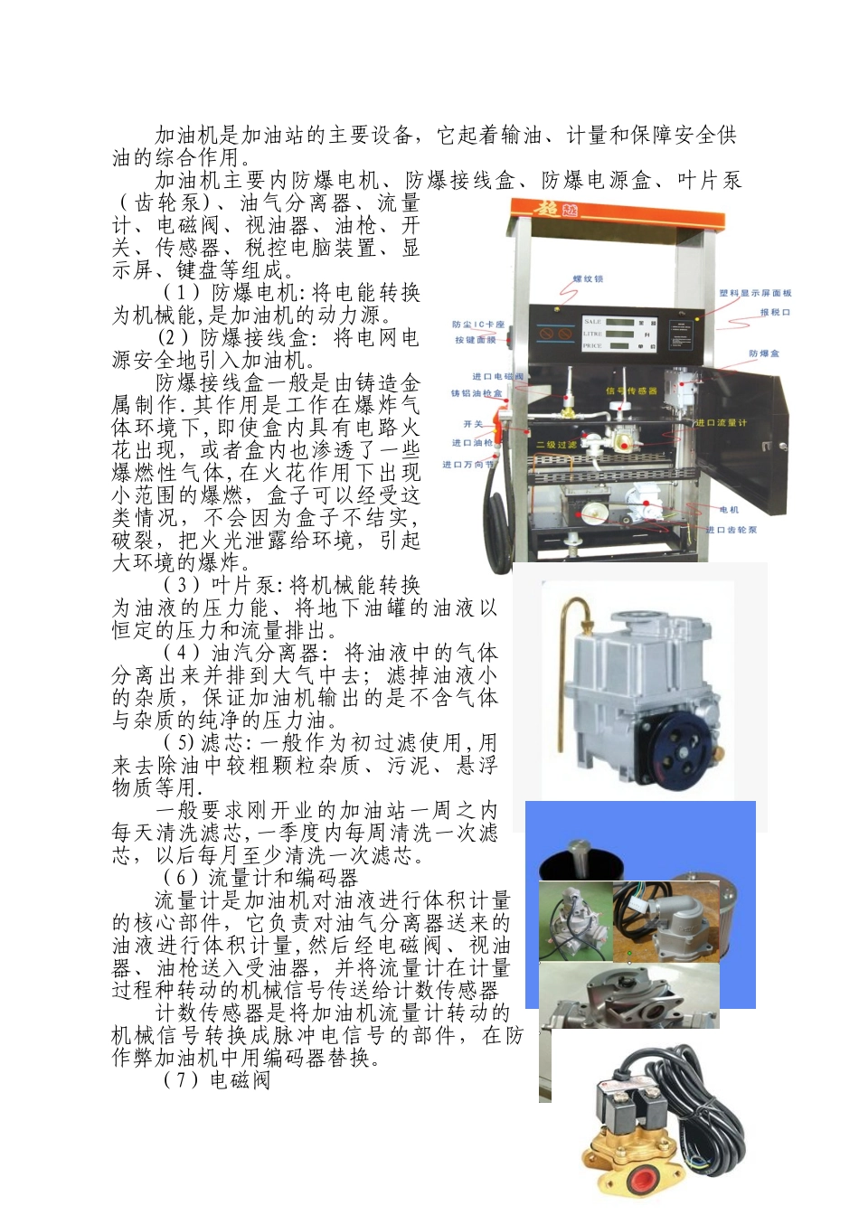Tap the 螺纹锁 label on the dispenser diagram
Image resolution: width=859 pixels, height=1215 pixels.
[588, 279]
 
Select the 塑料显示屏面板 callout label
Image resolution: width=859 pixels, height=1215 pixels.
[755, 293]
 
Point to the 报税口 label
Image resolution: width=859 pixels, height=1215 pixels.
[775, 312]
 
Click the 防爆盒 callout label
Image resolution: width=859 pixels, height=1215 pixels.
[763, 353]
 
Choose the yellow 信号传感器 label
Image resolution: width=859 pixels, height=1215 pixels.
[631, 391]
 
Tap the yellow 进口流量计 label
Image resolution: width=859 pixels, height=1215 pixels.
[721, 422]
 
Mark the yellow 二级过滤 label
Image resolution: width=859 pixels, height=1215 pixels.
[556, 445]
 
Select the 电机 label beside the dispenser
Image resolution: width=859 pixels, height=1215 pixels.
[729, 510]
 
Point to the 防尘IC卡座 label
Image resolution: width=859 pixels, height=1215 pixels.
[478, 325]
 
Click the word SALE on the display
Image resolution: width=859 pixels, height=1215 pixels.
[592, 321]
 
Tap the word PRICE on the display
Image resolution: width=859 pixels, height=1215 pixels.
[593, 345]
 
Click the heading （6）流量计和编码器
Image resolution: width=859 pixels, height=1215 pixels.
[260, 878]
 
